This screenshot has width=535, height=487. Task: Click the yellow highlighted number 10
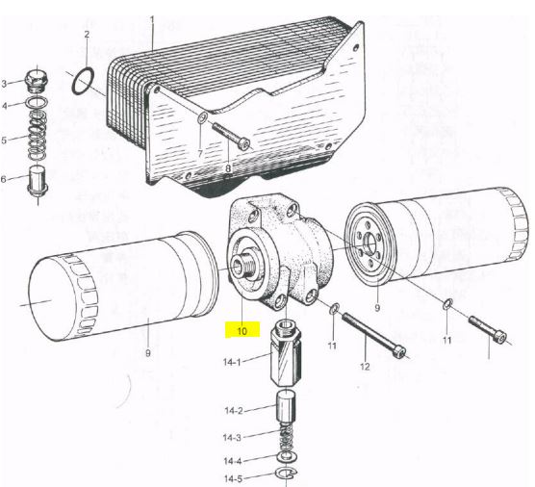coord(242,331)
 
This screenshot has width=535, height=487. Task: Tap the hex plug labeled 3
coord(38,82)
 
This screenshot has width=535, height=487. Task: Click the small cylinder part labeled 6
coord(38,181)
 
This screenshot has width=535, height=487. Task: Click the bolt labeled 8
coord(231,136)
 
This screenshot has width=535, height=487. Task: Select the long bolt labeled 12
coord(374,336)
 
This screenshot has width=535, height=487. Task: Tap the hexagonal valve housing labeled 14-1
coord(286,355)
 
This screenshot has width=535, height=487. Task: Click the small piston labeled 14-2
coord(285,407)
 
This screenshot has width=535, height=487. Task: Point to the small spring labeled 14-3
coord(287,438)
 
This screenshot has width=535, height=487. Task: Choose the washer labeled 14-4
coord(287,457)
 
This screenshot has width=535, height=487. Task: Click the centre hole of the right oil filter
coord(369,243)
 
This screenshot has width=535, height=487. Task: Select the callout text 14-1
coord(232,362)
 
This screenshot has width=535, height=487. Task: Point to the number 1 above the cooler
coord(152,19)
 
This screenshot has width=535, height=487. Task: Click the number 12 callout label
coord(365,367)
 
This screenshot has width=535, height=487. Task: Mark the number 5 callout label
coord(4,140)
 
